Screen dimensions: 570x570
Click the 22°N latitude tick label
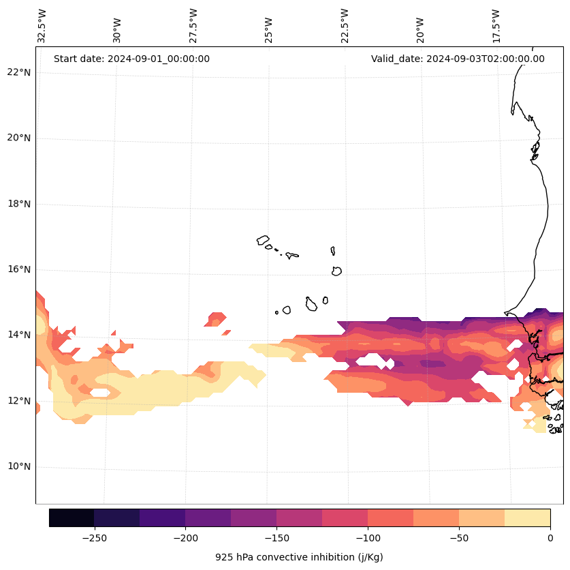tap(19, 72)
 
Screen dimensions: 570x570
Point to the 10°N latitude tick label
tap(19, 467)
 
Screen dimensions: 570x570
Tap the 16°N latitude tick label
tap(19, 269)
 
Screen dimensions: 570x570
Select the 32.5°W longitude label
tap(42, 26)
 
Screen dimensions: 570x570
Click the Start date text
tap(131, 59)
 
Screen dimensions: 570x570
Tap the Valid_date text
tap(458, 59)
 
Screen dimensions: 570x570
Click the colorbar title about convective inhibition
tap(299, 557)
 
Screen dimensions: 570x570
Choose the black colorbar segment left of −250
tap(72, 517)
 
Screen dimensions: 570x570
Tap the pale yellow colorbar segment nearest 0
tap(527, 517)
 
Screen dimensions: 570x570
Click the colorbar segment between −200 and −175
tap(208, 517)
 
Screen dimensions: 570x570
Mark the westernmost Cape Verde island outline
tap(263, 240)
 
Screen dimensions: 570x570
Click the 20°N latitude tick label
tap(19, 138)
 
